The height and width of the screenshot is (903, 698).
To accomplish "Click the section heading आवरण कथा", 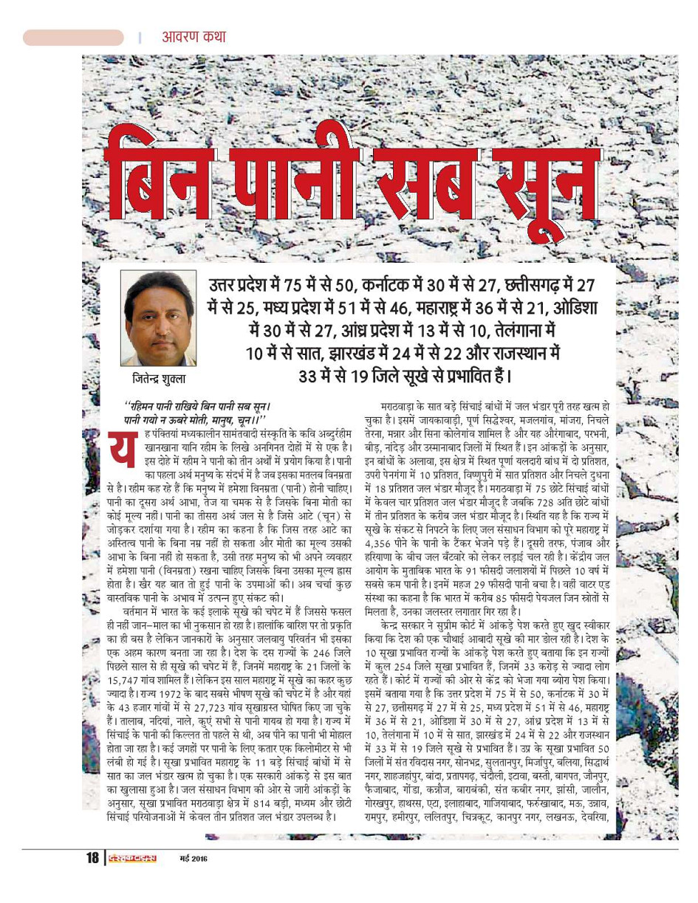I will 194,37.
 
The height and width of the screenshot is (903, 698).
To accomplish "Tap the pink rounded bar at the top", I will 73,38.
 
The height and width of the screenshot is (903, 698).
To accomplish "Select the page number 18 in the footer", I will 92,858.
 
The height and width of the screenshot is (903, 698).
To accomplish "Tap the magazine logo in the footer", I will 130,858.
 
